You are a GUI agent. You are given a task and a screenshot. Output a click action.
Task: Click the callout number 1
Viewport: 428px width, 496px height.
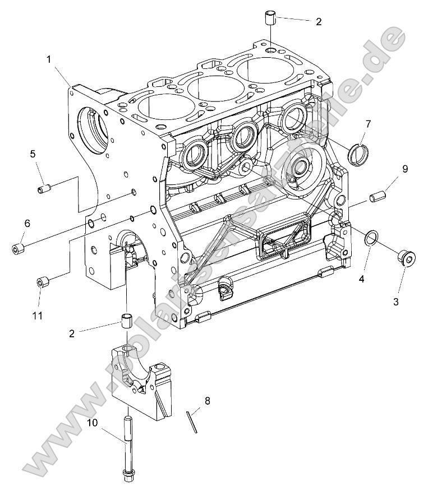click(49, 59)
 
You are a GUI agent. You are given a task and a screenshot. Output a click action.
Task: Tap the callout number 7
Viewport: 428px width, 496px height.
click(368, 123)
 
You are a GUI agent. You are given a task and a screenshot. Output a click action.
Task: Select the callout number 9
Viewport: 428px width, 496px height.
click(404, 168)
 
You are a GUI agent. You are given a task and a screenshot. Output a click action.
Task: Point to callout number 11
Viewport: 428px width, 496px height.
click(37, 316)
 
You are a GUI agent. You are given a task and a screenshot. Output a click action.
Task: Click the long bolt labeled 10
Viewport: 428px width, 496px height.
click(128, 448)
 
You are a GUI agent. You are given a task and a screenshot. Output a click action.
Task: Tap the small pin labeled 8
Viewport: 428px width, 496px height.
click(192, 421)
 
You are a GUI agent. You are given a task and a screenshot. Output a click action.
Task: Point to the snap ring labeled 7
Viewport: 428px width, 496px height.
click(357, 154)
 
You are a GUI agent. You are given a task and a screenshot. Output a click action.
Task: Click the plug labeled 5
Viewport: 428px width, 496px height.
click(45, 189)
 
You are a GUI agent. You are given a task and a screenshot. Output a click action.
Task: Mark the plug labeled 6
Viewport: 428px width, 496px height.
click(18, 247)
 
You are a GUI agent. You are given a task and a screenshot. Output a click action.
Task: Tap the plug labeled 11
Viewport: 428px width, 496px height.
click(42, 281)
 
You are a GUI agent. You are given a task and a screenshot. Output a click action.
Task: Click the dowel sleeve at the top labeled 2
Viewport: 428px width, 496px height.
click(270, 17)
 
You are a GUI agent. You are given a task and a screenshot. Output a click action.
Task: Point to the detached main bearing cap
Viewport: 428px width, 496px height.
click(140, 376)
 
